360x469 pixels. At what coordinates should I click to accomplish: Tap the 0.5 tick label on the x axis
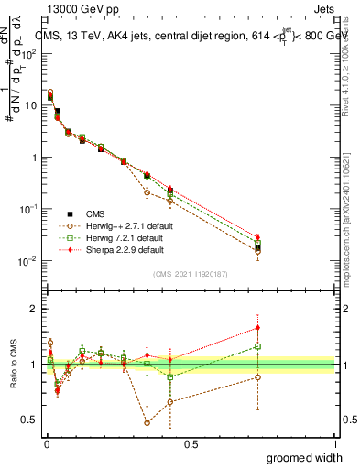[191, 444]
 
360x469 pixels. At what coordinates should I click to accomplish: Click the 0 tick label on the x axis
[46, 444]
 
